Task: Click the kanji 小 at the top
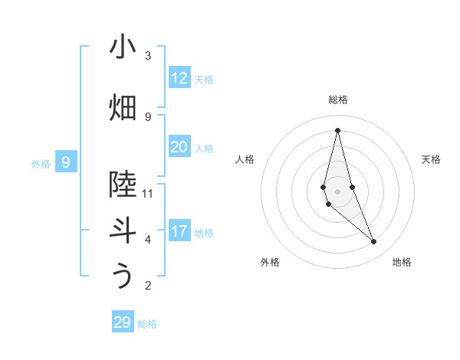123,47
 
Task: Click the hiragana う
123,277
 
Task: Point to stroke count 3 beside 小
148,56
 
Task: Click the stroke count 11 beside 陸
148,193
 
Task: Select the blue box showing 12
179,78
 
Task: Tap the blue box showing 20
179,147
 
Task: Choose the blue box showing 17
179,231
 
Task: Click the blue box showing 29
123,322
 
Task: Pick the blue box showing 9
67,162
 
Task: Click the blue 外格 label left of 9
41,163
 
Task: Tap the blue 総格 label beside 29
147,324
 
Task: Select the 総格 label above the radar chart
337,100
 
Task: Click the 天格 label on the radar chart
431,159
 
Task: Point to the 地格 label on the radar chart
402,262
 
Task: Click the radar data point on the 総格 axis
337,130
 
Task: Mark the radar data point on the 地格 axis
374,242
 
